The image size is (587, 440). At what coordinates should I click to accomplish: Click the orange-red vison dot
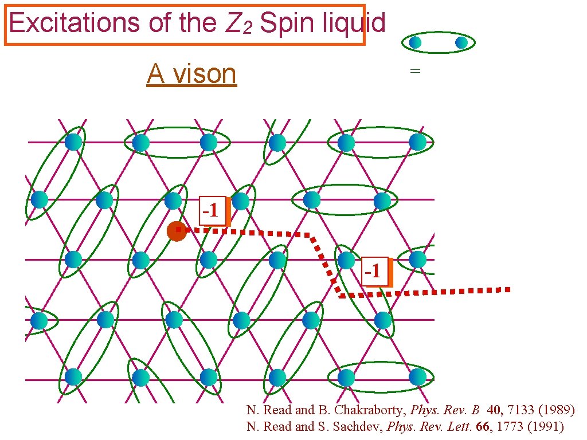(x=177, y=231)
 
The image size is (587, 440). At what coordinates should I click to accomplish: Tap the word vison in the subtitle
(x=205, y=74)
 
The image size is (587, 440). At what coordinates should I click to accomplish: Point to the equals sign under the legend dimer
(x=415, y=71)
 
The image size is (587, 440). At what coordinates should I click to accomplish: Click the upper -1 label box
(x=212, y=210)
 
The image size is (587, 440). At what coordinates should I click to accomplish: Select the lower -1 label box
(x=374, y=270)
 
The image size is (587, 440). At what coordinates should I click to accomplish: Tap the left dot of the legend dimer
(x=416, y=42)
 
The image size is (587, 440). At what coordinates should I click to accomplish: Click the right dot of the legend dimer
(x=461, y=42)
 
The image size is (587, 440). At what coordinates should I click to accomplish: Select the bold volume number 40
(x=495, y=410)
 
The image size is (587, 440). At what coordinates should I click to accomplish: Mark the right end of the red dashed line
(x=507, y=290)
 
